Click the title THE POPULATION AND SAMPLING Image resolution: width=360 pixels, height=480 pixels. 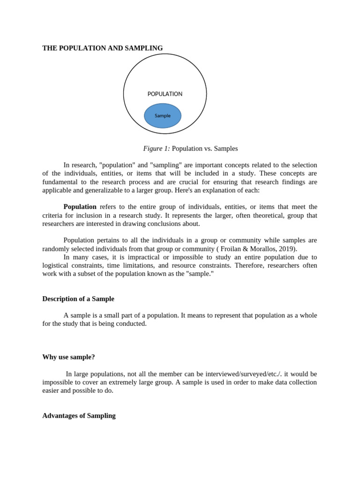pos(103,48)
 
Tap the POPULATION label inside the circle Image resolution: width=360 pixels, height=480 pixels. pos(165,94)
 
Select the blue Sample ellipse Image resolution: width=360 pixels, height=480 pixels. pos(163,116)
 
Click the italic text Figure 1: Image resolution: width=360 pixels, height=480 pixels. pos(156,149)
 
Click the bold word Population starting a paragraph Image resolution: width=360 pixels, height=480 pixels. pos(80,207)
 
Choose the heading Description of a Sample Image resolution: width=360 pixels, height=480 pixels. pos(78,299)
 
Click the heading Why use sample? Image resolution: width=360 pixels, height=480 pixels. pos(68,357)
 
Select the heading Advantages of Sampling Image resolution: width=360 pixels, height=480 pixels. pos(79,416)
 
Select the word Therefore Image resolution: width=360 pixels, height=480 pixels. pos(249,266)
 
